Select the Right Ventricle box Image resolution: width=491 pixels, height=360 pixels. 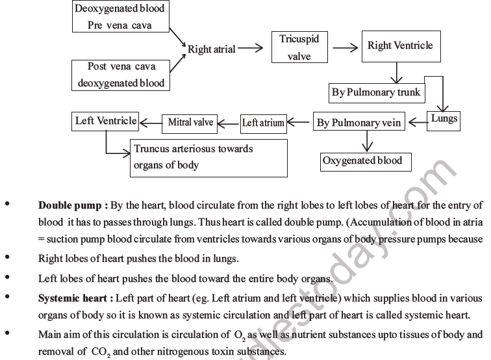399,46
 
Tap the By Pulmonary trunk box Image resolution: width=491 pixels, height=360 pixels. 376,92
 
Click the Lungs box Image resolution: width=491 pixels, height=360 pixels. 444,118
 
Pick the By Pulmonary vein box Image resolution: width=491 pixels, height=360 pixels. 359,122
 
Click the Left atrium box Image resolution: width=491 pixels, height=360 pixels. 263,123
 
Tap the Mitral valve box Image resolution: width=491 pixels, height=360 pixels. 190,122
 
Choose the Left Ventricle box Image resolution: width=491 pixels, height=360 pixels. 105,121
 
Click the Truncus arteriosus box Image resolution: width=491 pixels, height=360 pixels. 208,157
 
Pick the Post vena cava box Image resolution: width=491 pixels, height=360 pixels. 121,75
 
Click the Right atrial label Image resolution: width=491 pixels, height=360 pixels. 211,49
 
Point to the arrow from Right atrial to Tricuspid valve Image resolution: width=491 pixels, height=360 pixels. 250,48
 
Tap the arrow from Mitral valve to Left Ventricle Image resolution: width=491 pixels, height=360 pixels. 152,122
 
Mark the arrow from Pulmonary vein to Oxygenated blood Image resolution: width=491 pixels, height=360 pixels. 365,140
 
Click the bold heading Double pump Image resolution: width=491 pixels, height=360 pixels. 73,205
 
